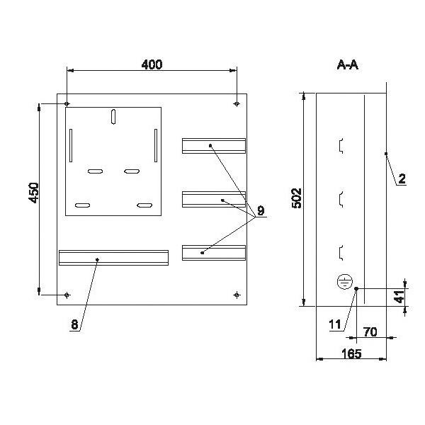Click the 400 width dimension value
152,64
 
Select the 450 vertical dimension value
34,193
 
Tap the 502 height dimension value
297,198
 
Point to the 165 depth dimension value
351,353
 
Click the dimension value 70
370,331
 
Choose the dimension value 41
399,297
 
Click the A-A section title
348,65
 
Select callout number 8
74,324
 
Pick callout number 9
261,210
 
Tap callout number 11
335,324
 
